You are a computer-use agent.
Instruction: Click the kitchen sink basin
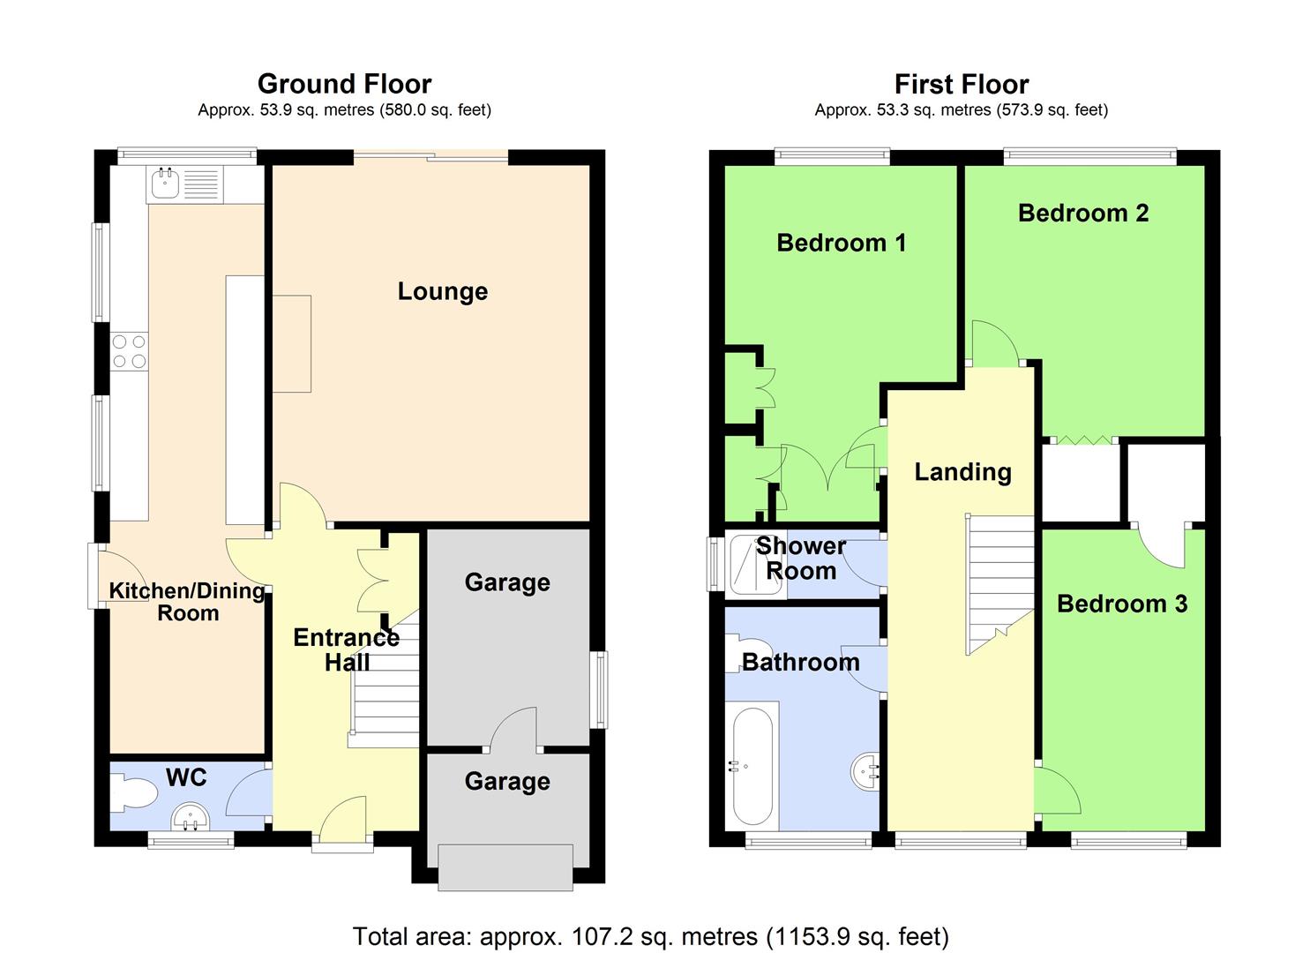(165, 184)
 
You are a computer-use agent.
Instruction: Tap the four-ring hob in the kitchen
(130, 351)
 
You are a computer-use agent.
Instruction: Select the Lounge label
(443, 291)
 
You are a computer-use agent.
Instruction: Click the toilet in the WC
(133, 793)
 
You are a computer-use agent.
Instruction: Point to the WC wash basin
(190, 817)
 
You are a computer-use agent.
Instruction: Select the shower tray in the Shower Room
(756, 564)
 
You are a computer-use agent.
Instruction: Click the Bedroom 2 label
(1083, 213)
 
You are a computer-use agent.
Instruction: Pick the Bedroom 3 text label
(1122, 604)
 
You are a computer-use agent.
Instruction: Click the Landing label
(962, 472)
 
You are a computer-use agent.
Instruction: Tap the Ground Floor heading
(344, 84)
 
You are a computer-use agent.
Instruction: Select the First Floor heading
(962, 84)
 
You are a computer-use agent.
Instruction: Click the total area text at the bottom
(650, 936)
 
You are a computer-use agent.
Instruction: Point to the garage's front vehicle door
(505, 867)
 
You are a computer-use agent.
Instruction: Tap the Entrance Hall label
(346, 650)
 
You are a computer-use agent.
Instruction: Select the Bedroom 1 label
(842, 243)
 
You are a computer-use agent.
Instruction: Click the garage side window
(599, 690)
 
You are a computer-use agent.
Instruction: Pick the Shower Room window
(715, 564)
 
